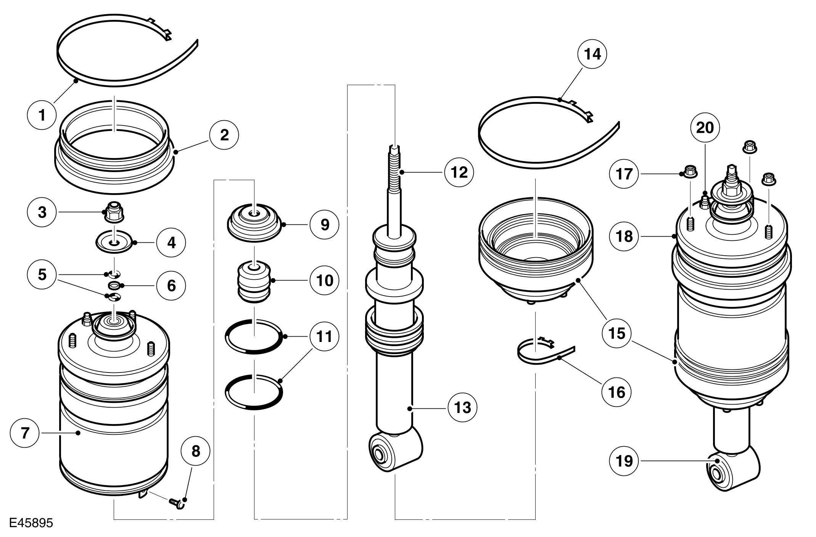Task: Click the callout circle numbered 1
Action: tap(42, 114)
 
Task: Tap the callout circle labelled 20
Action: tap(705, 127)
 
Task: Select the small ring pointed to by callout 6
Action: tap(114, 285)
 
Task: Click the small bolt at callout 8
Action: tap(176, 503)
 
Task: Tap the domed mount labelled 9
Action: tap(254, 223)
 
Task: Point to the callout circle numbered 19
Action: tap(624, 461)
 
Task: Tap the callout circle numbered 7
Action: tap(25, 433)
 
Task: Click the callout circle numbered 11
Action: tap(324, 337)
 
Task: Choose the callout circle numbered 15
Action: tap(616, 333)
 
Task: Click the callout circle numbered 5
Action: tap(42, 274)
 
